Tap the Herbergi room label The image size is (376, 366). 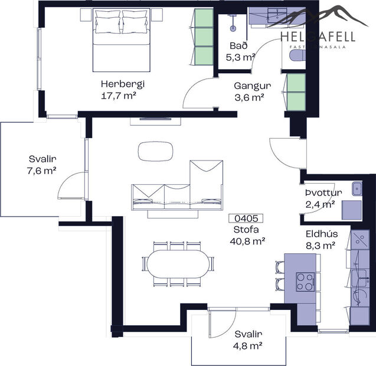tap(123, 84)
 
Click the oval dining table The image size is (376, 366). tap(178, 264)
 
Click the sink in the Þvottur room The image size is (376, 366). tap(357, 189)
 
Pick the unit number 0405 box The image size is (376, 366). tap(246, 218)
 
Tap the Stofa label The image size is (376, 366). tap(246, 230)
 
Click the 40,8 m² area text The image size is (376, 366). tap(246, 240)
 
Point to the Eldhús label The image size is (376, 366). tap(321, 234)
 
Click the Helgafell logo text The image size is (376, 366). tap(318, 37)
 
